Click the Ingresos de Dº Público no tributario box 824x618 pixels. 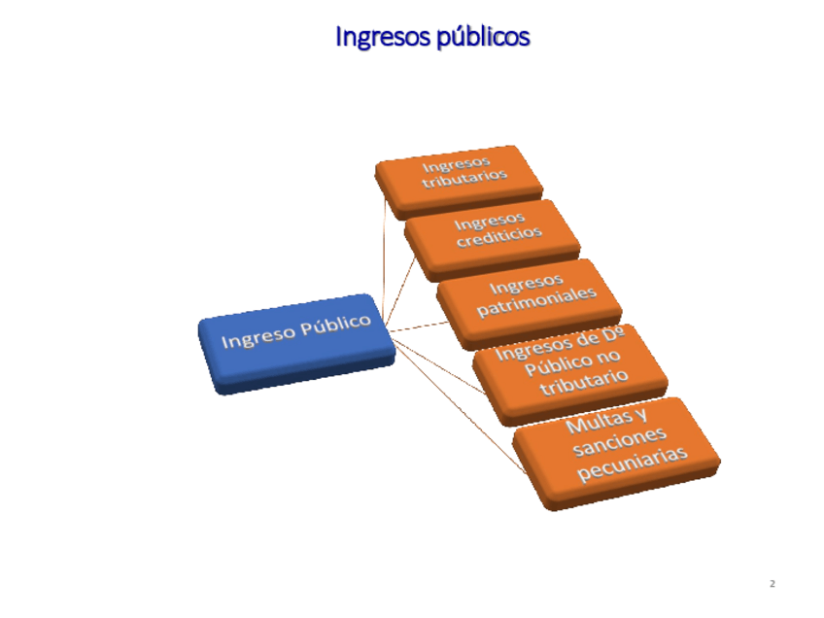tap(567, 366)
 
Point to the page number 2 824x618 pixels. tap(772, 584)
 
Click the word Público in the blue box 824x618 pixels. tap(336, 327)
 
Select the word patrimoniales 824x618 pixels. tap(536, 302)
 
